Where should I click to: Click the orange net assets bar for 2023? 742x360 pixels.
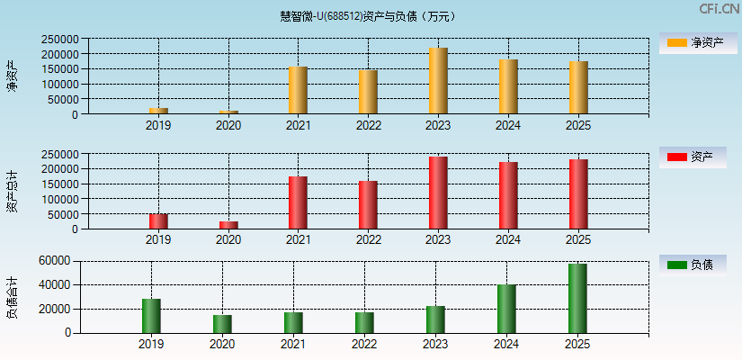pos(438,81)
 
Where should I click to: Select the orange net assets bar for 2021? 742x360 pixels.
pos(299,90)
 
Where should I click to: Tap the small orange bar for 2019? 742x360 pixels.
pos(158,111)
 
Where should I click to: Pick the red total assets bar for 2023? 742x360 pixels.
pos(438,193)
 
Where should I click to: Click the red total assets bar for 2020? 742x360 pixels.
pos(228,225)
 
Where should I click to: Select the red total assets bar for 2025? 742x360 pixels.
pos(578,194)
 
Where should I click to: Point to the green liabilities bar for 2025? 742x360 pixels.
pos(577,298)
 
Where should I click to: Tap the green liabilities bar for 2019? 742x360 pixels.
pos(151,316)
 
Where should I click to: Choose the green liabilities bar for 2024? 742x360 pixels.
pos(506,309)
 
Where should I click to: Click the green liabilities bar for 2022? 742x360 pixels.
pos(364,322)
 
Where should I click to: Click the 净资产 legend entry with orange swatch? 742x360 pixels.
pos(693,42)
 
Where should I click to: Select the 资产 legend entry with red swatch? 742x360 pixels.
pos(693,157)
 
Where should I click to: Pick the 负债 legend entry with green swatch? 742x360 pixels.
pos(693,265)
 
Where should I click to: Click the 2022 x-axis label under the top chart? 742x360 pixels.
pos(368,126)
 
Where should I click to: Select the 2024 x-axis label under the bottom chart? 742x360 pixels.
pos(506,345)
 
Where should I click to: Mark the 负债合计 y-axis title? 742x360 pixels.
pos(13,298)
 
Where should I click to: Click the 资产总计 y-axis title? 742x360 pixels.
pos(13,191)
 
